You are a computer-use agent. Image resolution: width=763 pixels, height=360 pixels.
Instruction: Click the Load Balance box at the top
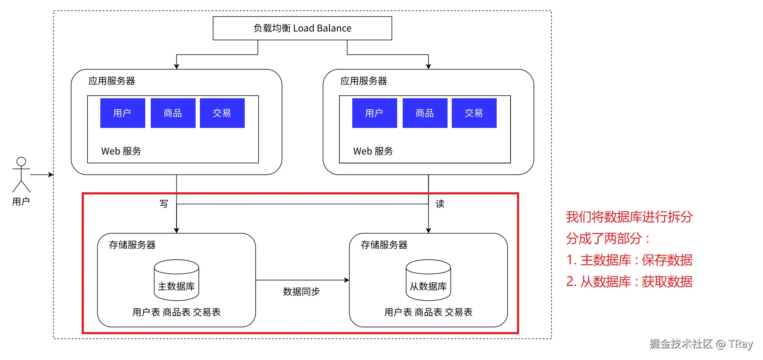tap(302, 28)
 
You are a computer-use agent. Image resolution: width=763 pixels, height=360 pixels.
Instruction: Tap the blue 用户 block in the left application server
tap(122, 113)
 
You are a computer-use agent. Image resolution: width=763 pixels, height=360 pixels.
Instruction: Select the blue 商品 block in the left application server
tap(173, 113)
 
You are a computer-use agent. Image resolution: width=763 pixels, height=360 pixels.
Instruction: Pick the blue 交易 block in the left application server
tap(222, 113)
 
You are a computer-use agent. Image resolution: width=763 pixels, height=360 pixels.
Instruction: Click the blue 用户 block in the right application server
tap(374, 113)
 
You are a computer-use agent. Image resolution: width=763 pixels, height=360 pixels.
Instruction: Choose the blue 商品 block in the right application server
tap(425, 113)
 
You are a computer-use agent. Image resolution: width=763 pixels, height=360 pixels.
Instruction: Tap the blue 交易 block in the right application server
tap(474, 113)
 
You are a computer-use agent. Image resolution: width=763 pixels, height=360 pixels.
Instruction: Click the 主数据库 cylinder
tap(176, 280)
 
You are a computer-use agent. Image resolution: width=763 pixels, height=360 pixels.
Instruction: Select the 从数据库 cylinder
tap(428, 280)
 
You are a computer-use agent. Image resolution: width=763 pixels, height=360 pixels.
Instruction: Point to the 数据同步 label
tap(301, 291)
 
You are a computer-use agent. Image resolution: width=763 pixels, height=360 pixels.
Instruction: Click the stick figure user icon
tap(21, 174)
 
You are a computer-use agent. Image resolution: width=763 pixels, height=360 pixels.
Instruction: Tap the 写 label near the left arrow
tap(164, 204)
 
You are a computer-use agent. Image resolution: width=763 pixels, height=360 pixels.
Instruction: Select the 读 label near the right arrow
tap(440, 204)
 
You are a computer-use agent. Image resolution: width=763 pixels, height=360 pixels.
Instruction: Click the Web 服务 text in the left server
tap(121, 151)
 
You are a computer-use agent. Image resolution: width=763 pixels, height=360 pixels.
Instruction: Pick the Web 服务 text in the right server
tap(373, 151)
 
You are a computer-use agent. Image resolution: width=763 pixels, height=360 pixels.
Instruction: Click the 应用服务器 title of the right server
tap(363, 81)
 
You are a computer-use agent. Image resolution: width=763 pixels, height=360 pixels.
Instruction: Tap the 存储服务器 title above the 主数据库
tap(132, 245)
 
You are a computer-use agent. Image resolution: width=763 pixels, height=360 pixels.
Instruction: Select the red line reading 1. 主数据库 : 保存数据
tap(629, 260)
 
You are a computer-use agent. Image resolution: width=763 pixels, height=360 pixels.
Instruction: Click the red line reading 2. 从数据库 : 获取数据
tap(629, 282)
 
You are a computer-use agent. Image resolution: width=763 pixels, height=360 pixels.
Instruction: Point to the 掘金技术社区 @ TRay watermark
tap(701, 344)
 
